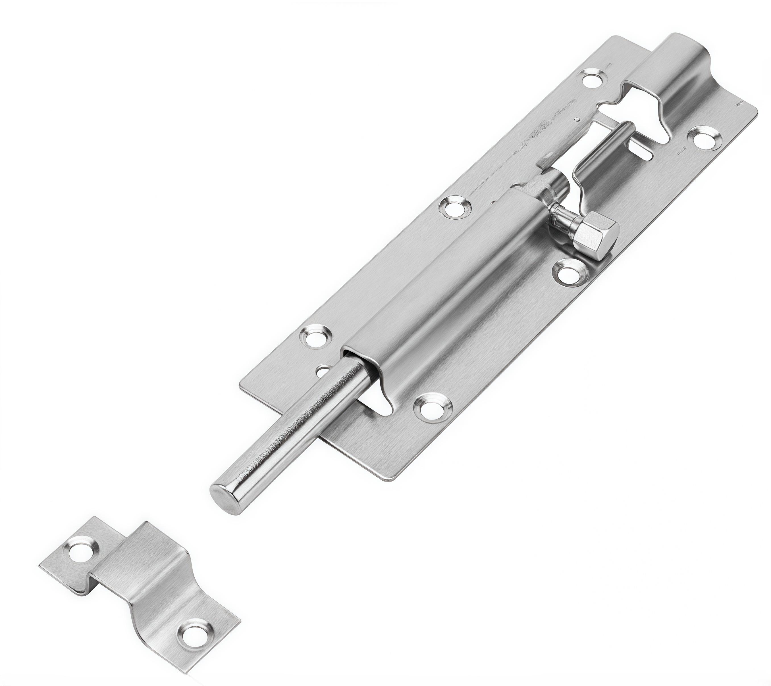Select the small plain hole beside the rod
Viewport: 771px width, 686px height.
322,372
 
